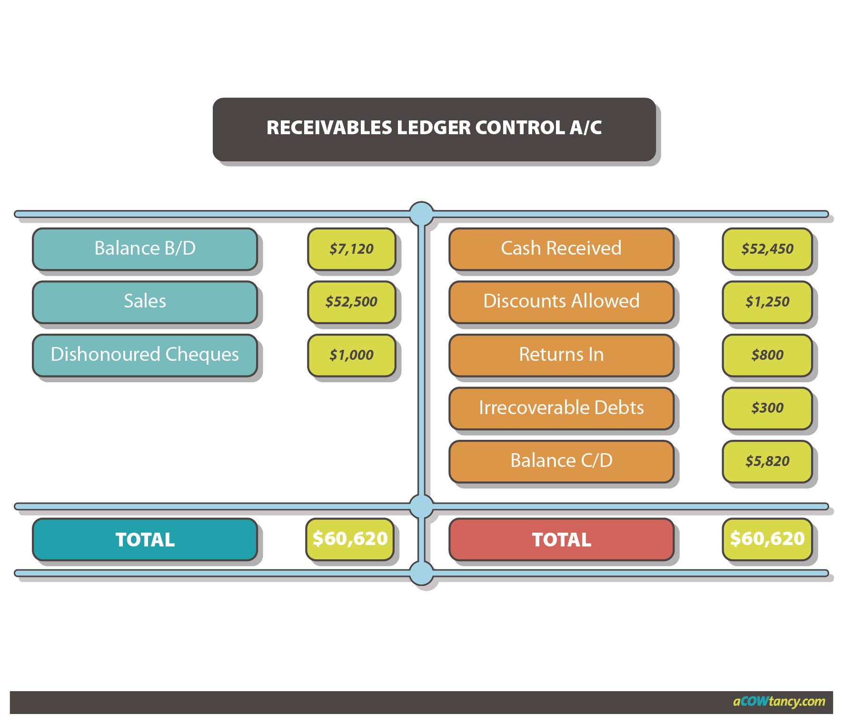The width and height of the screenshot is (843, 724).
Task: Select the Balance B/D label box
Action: coord(145,248)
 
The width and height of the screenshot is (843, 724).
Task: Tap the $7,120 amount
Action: coord(351,249)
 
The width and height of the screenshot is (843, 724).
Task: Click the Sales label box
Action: coord(145,301)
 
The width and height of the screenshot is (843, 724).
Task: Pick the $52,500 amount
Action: coord(351,302)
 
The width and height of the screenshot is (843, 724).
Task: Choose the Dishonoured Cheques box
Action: coord(145,355)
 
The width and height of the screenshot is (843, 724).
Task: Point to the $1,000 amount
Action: coord(351,355)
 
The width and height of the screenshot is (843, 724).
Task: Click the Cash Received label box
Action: coord(561,248)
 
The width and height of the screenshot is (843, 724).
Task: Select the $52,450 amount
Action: coord(767,249)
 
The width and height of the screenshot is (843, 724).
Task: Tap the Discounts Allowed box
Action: coord(561,301)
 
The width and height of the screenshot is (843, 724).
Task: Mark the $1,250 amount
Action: coord(767,302)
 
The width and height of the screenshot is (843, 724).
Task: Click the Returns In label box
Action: coord(561,355)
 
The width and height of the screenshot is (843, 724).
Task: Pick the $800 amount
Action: coord(767,355)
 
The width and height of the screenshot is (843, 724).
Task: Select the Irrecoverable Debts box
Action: coord(561,408)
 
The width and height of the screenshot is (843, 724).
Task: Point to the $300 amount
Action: coord(767,408)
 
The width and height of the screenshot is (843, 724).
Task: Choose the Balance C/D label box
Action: coord(561,461)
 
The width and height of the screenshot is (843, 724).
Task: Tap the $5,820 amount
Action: coord(767,461)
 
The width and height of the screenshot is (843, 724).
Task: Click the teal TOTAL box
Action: coord(145,539)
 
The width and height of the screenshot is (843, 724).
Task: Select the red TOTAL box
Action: coord(561,539)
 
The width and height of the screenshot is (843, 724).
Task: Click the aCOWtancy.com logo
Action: coord(779,702)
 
